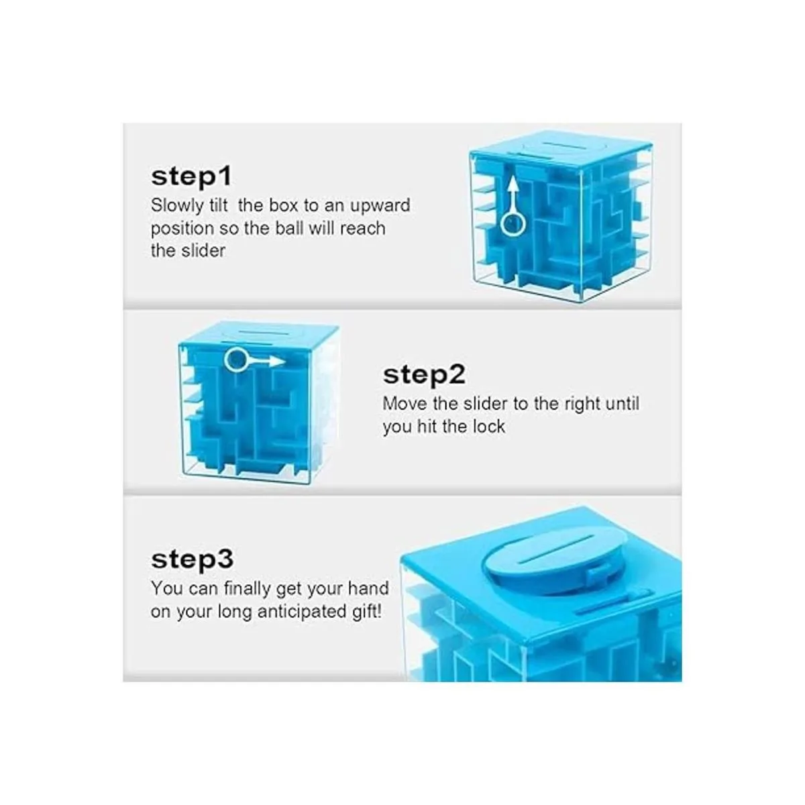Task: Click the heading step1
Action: [191, 177]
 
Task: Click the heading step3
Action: [192, 559]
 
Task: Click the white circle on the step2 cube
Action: [236, 360]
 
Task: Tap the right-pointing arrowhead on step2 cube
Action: [276, 361]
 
